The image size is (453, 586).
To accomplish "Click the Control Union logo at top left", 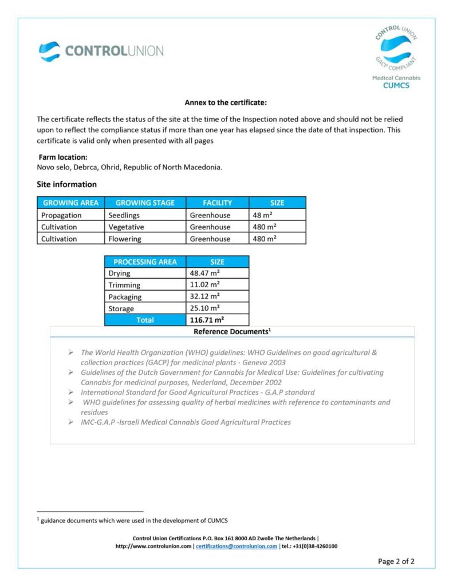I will pyautogui.click(x=101, y=51).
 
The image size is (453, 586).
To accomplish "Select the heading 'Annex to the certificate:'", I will pyautogui.click(x=226, y=103).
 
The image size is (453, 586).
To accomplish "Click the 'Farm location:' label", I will pyautogui.click(x=63, y=157).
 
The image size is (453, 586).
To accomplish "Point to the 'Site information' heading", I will pyautogui.click(x=66, y=184).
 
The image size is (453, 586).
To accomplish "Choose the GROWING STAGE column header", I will pyautogui.click(x=145, y=203).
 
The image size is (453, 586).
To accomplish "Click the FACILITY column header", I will pyautogui.click(x=217, y=203).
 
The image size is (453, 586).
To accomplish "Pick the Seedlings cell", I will pyautogui.click(x=124, y=215).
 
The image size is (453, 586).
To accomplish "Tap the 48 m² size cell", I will pyautogui.click(x=264, y=215).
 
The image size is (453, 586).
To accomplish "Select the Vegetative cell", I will pyautogui.click(x=127, y=227).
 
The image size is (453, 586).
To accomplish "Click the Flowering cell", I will pyautogui.click(x=126, y=239).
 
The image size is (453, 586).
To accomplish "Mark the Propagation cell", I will pyautogui.click(x=61, y=215).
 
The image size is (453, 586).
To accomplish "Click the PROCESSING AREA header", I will pyautogui.click(x=145, y=262).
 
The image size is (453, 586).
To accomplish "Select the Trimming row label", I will pyautogui.click(x=124, y=285).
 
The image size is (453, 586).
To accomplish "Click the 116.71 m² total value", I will pyautogui.click(x=207, y=320).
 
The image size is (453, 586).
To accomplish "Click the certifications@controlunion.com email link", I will pyautogui.click(x=236, y=546).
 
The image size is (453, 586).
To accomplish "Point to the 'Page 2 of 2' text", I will pyautogui.click(x=396, y=561).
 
